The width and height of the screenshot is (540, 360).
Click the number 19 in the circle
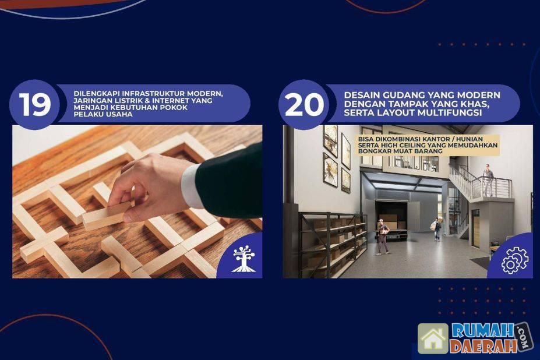point(35,104)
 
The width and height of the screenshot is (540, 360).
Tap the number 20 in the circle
point(305,104)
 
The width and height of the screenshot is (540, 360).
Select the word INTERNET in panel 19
point(171,100)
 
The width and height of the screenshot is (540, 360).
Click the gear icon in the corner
point(514,260)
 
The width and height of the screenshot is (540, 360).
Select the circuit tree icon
point(244,259)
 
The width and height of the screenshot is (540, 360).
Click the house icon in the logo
point(433,339)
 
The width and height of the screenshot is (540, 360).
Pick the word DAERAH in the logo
point(483,346)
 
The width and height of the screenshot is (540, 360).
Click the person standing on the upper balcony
point(488,180)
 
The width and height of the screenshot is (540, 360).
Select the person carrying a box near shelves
point(383,237)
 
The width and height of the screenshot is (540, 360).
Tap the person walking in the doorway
point(436,229)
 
